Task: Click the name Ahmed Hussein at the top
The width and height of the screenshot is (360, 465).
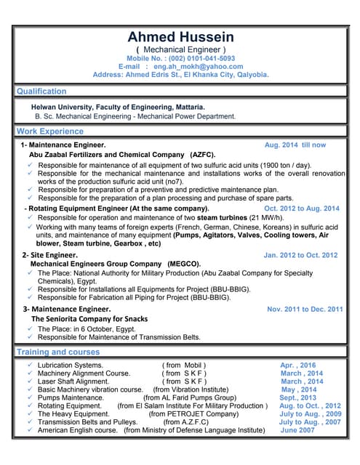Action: [x=180, y=36]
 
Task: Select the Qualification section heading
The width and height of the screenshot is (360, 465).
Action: [x=41, y=92]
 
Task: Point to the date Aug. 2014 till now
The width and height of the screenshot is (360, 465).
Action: [x=295, y=145]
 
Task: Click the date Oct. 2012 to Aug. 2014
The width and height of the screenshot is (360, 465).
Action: [x=301, y=209]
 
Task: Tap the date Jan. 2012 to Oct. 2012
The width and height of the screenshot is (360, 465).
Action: [x=300, y=255]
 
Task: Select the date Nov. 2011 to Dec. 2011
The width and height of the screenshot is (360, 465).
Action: [x=305, y=309]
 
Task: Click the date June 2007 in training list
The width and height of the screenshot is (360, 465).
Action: [x=297, y=430]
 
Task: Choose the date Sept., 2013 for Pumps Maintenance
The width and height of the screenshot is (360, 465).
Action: [x=297, y=397]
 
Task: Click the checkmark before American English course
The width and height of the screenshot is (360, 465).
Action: [x=28, y=430]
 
